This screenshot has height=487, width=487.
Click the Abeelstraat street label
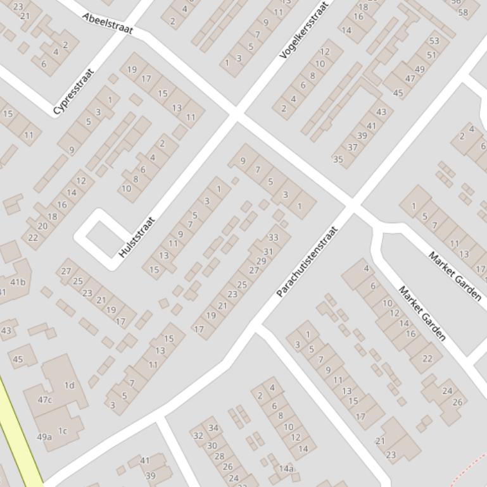point(107,23)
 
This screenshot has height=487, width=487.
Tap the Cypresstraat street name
point(73,92)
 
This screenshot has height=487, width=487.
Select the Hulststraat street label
point(137,238)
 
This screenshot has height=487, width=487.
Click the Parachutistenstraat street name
point(307,261)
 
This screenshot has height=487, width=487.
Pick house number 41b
point(18,282)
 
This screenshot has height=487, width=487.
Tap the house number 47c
point(44,400)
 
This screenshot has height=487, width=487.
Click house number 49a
point(44,437)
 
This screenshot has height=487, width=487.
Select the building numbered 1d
point(69,385)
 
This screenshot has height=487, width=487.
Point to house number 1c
point(63,431)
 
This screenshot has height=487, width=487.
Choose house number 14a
point(286,469)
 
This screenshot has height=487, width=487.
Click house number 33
point(273,238)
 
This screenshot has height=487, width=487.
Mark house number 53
point(434,41)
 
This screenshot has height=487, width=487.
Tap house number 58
point(463,12)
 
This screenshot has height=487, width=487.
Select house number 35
point(338,159)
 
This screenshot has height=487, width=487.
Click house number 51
point(431,55)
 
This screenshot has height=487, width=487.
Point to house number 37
point(353,147)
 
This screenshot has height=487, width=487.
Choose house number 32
point(198,436)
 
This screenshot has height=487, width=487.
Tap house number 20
point(42,226)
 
